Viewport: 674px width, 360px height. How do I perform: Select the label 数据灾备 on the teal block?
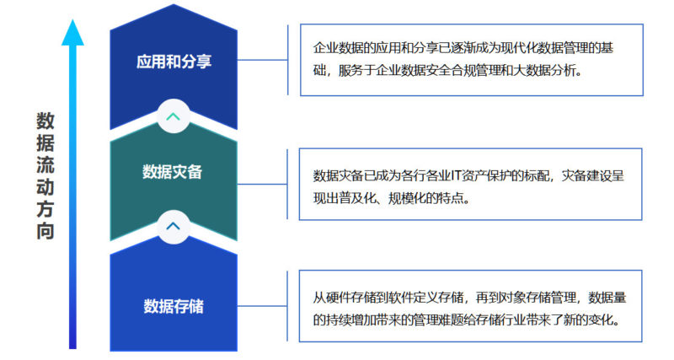pos(173,172)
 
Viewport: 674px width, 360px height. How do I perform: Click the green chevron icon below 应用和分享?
pos(173,116)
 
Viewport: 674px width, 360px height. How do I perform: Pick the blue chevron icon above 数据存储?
pos(173,225)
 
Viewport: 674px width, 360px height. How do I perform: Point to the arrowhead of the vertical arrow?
pos(73,32)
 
